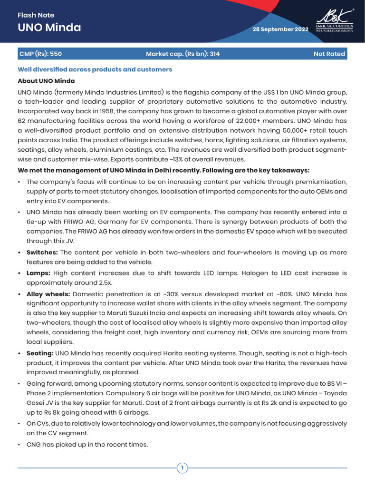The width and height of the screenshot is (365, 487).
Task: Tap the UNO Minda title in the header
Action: pos(49,28)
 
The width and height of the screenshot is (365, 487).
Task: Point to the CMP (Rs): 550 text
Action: pos(40,54)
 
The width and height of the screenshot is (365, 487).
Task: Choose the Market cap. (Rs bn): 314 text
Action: pos(182,54)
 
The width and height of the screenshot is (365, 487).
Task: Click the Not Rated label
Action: pos(329,54)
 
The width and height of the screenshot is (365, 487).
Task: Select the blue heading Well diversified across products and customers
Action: pos(95,69)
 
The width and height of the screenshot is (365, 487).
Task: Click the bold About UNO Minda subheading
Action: pos(46,81)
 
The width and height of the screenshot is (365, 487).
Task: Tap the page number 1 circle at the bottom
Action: pos(182,468)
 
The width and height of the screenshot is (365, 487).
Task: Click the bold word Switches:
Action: pos(42,253)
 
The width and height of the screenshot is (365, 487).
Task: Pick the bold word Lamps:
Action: pos(38,273)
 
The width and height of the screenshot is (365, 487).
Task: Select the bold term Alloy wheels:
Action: pos(48,294)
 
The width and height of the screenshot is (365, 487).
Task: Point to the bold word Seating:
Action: pos(40,353)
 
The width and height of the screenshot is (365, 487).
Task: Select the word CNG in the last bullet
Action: pos(34,445)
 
